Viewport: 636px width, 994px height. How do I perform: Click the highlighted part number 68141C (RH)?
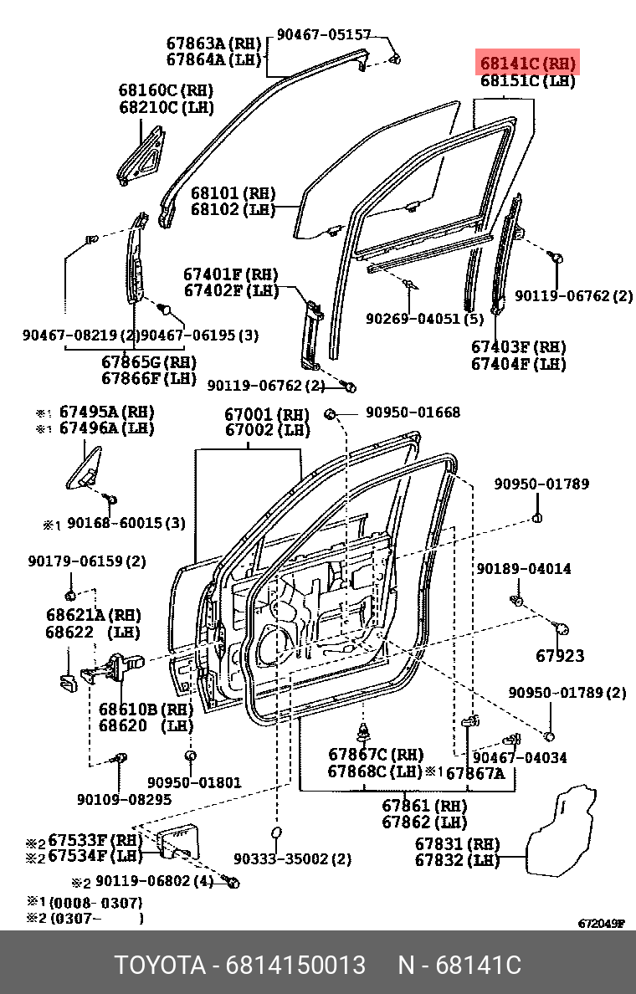click(527, 64)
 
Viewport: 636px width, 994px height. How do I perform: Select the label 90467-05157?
click(323, 35)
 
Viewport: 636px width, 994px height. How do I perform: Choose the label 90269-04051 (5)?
click(424, 319)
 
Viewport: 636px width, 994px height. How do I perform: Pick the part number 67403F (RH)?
click(518, 347)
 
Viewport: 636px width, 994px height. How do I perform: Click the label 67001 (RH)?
click(267, 414)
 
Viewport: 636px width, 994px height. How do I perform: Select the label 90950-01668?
click(412, 412)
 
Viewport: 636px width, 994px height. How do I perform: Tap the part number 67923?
click(560, 656)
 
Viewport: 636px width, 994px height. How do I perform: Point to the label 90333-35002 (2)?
click(292, 859)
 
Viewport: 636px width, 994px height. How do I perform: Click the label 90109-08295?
click(124, 799)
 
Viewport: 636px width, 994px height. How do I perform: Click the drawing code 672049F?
click(601, 924)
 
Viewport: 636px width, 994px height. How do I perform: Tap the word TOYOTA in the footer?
click(160, 966)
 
